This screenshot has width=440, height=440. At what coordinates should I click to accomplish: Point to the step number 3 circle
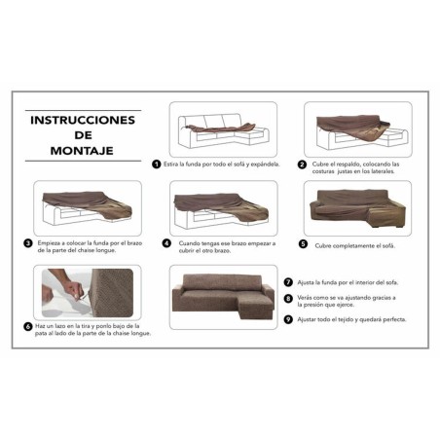point(27,243)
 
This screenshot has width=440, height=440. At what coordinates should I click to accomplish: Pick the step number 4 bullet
point(167,243)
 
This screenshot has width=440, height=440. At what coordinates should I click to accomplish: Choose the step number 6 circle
point(27,326)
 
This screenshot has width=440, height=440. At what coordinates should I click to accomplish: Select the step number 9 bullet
point(288,318)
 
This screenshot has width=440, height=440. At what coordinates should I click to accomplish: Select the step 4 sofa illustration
point(221,207)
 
